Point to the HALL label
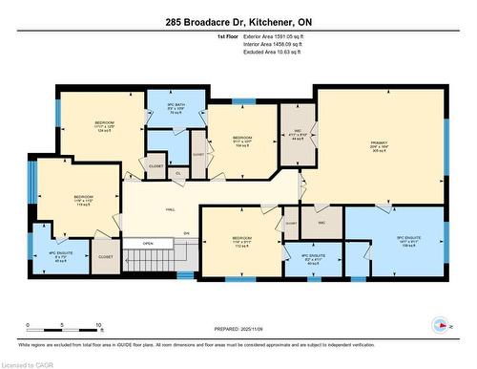click(x=170, y=207)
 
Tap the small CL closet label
click(x=178, y=173)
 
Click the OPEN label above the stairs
click(x=148, y=243)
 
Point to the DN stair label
click(x=187, y=231)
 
